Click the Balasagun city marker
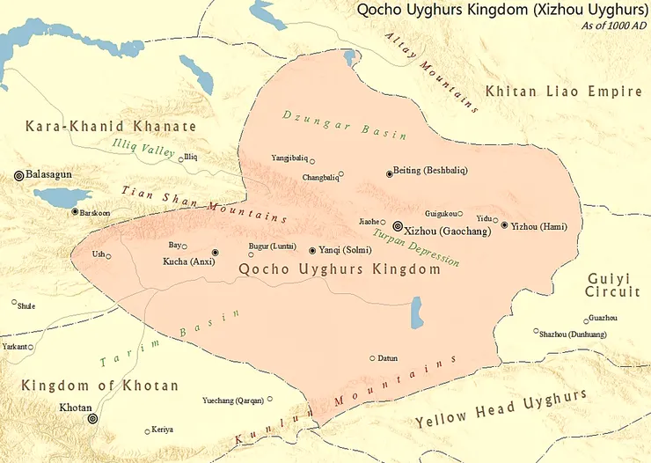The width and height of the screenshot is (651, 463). pyautogui.click(x=18, y=176)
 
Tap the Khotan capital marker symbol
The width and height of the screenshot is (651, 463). pyautogui.click(x=93, y=420)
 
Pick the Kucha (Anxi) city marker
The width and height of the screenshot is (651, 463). pyautogui.click(x=215, y=253)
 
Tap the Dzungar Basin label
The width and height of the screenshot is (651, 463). pyautogui.click(x=345, y=125)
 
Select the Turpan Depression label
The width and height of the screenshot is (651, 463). pyautogui.click(x=416, y=249)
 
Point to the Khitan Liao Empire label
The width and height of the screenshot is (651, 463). pyautogui.click(x=560, y=92)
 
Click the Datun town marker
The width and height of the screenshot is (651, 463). pyautogui.click(x=372, y=358)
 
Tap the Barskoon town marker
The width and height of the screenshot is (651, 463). pyautogui.click(x=75, y=211)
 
